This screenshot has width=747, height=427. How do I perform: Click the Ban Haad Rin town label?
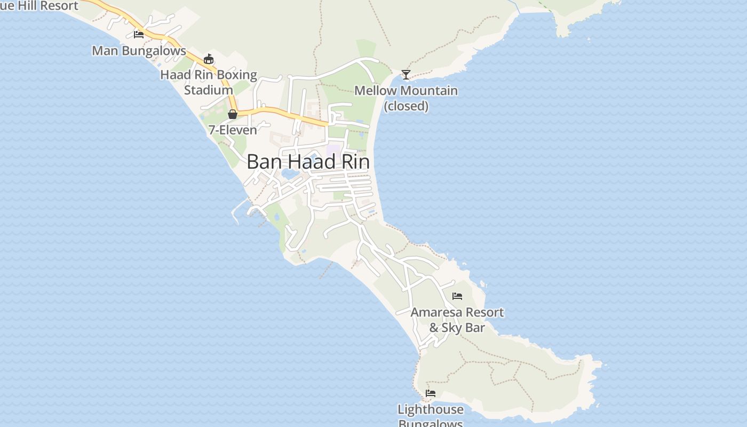308,162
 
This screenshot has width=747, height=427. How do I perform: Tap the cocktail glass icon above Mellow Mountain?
406,74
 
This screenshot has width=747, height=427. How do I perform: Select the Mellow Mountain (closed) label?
406,98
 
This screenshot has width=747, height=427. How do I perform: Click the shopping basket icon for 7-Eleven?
232,114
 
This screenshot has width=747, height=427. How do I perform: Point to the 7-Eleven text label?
233,130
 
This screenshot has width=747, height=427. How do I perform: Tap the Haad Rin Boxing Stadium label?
209,82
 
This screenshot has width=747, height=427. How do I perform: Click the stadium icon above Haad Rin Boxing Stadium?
209,59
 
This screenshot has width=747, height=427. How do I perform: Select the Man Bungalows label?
139,51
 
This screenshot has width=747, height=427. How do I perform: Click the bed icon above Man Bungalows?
139,35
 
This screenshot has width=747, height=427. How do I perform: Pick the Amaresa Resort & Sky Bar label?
457,320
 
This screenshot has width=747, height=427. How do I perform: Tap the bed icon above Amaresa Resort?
457,296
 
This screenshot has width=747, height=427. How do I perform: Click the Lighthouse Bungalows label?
430,415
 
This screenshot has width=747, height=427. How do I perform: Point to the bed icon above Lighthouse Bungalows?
431,393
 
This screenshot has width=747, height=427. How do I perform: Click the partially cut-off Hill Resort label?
39,5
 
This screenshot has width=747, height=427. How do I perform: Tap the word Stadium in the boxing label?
209,90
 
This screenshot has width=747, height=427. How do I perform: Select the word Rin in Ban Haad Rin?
355,162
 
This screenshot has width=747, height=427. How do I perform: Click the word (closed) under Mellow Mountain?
406,106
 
